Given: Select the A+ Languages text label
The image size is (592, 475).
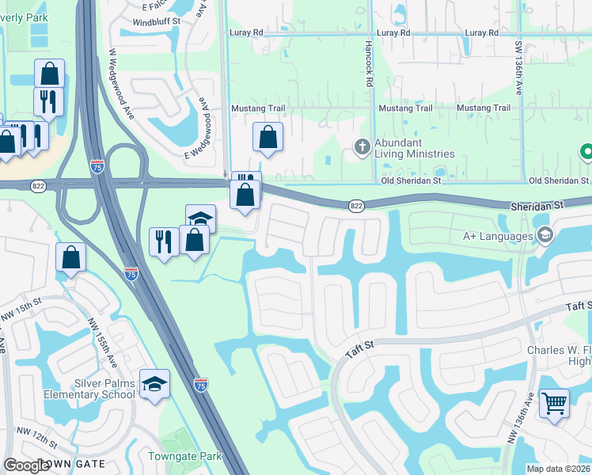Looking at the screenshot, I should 497,236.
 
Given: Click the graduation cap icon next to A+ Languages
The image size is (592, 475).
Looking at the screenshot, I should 545,235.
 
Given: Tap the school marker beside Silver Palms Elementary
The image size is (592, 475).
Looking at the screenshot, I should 155,384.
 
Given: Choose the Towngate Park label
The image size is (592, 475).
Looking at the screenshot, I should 185,456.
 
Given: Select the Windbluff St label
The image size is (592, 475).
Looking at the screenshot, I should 157,22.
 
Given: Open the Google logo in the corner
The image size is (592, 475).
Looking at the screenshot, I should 26,465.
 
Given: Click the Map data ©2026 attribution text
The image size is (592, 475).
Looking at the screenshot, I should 558,469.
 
